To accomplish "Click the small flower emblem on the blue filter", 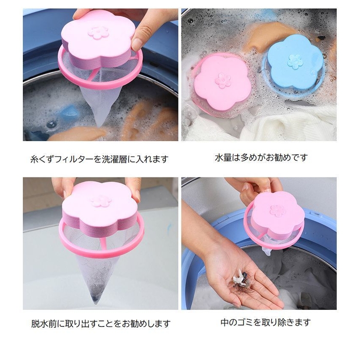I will (x=295, y=61).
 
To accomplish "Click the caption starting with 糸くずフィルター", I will (x=98, y=159).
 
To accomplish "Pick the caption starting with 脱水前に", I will (x=98, y=323).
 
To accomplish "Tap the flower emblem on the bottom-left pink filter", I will (x=101, y=200).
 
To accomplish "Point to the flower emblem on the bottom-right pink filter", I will (x=277, y=211).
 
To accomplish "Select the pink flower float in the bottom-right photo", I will (x=276, y=214).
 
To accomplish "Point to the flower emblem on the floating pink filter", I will (x=223, y=80).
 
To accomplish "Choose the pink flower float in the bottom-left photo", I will (x=101, y=207).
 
